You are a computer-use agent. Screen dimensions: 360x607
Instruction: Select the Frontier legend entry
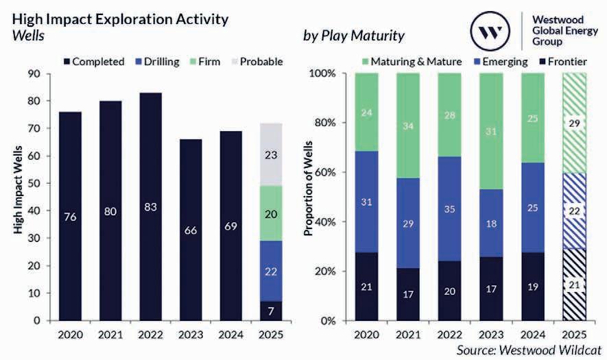pyautogui.click(x=565, y=62)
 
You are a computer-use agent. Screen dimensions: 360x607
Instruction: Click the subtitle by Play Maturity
pyautogui.click(x=353, y=34)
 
